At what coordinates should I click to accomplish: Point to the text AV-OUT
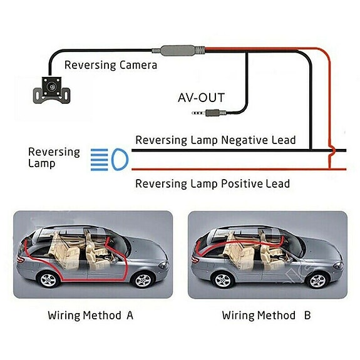pos(200,97)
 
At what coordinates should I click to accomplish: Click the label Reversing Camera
pos(110,64)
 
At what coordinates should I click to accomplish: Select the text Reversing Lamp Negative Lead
pos(215,140)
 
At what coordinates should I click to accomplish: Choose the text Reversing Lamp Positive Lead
pos(213,183)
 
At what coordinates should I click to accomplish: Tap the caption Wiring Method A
pos(90,315)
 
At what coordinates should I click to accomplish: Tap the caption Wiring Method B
pos(266,315)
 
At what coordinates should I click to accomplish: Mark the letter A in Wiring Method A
pos(130,315)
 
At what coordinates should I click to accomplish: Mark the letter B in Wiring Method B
pos(307,315)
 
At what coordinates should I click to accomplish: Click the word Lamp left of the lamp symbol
pos(42,163)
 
